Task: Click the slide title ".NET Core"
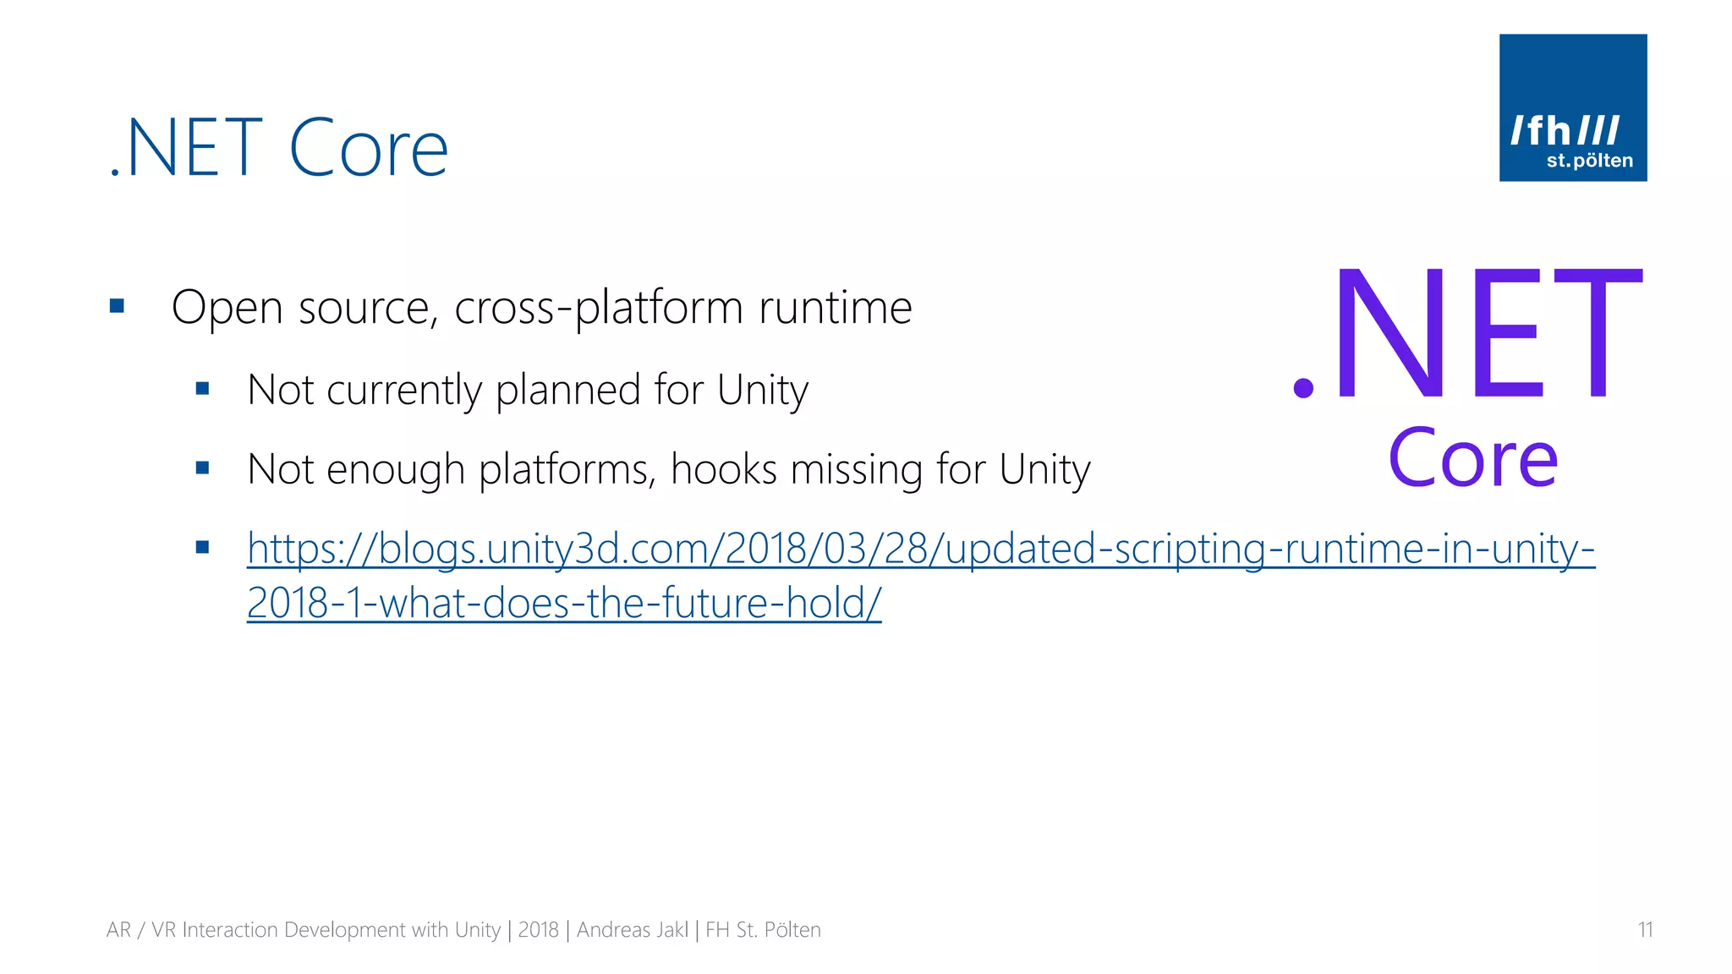[x=279, y=148]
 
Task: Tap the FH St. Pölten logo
[x=1572, y=107]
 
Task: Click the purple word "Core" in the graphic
[x=1472, y=458]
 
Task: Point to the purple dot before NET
[x=1303, y=388]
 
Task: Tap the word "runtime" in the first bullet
[x=836, y=308]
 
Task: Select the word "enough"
[x=395, y=470]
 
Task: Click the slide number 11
[x=1645, y=930]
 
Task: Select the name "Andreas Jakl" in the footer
[x=633, y=930]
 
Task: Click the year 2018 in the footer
[x=538, y=930]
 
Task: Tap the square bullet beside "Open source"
[x=118, y=306]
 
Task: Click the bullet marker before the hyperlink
[x=202, y=547]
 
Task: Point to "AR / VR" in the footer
[x=140, y=930]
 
